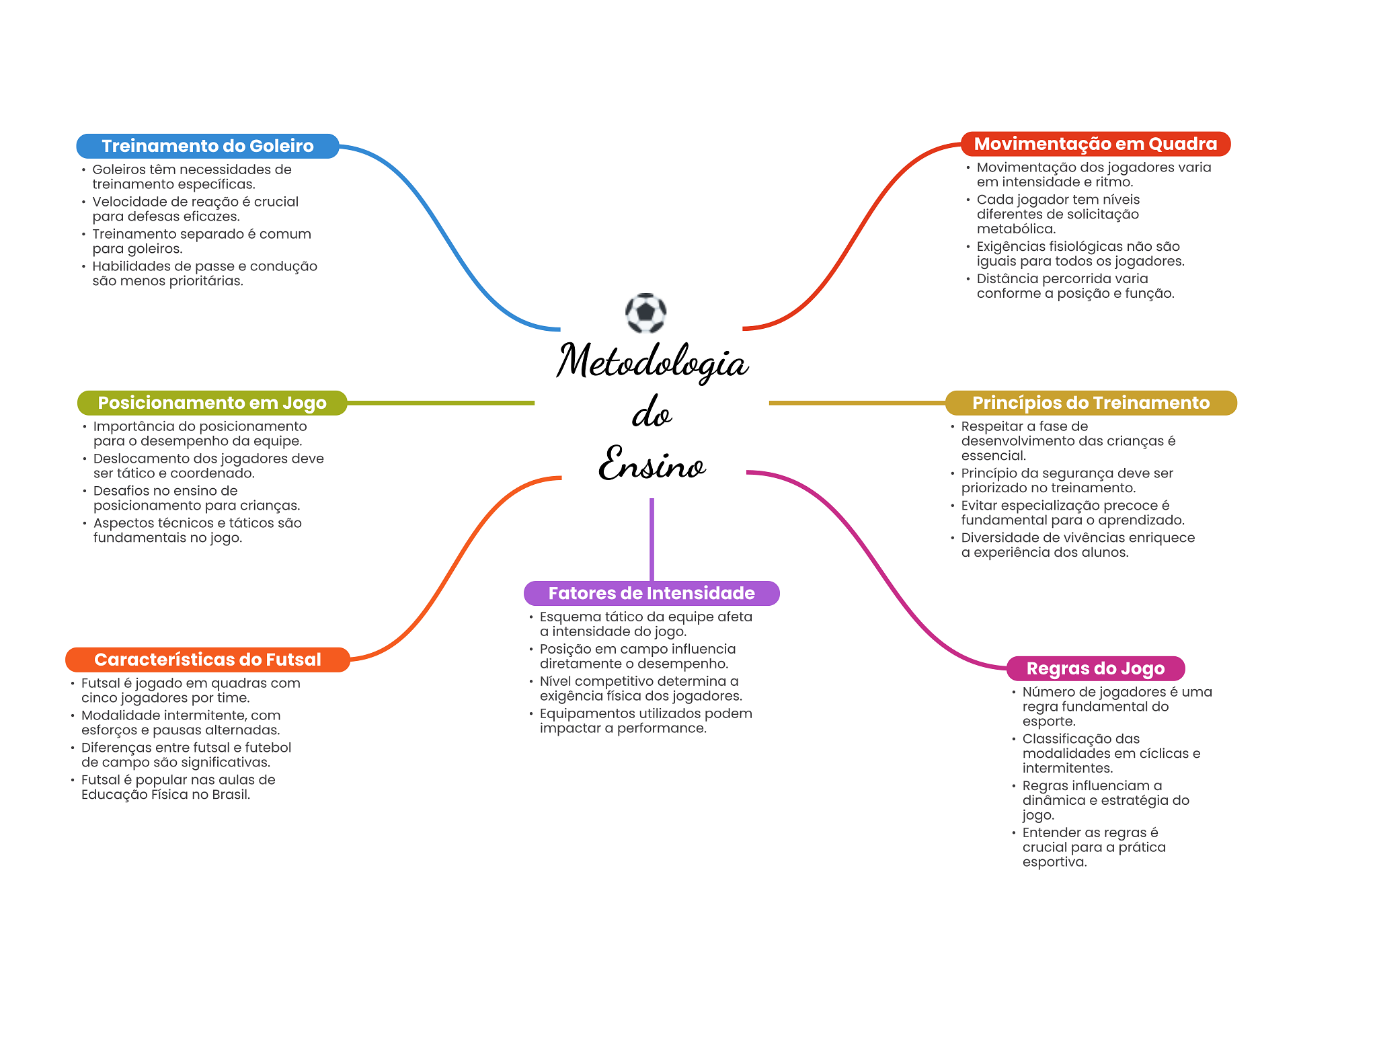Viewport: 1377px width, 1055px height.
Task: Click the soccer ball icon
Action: pos(645,313)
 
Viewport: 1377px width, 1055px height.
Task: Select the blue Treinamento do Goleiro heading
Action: pos(207,146)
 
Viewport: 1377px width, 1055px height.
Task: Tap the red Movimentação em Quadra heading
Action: pos(1095,144)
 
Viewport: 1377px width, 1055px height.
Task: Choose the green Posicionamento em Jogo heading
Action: pos(212,403)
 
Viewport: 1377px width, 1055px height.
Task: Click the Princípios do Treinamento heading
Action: pos(1091,403)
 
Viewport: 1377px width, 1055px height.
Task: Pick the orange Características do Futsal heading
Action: pos(207,660)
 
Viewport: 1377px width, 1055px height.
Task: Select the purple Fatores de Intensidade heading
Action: pos(651,593)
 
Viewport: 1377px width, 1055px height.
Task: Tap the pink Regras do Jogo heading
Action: pos(1095,668)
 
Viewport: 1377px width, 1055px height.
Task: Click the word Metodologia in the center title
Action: pos(652,362)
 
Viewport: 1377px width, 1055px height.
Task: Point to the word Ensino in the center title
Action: pos(652,464)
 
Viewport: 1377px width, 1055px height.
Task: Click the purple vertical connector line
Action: pos(652,538)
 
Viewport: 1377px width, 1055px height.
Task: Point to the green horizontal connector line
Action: pos(440,403)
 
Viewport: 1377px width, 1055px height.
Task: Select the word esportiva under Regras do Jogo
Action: pos(1054,862)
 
